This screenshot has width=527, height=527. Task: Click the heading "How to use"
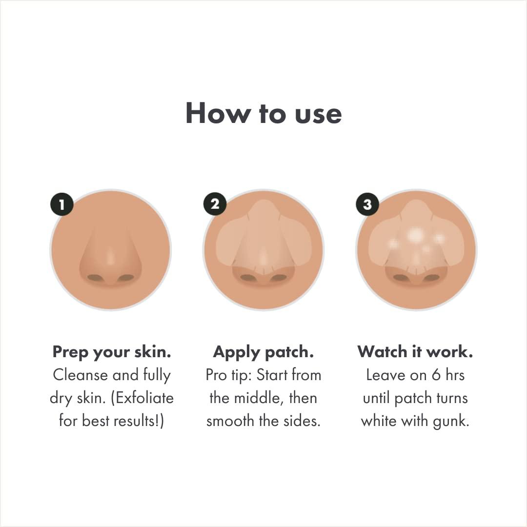(263, 113)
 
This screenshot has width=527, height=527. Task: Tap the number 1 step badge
(61, 204)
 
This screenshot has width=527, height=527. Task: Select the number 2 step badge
(215, 204)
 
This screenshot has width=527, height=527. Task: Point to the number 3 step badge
(367, 204)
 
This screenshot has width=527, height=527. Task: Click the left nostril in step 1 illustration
(95, 278)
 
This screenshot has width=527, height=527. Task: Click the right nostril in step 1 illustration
(126, 278)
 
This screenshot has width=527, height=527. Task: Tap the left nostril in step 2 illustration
(248, 278)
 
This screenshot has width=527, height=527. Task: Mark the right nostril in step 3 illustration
(431, 278)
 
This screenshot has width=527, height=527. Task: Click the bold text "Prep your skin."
(112, 352)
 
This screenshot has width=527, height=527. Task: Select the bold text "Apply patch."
(263, 352)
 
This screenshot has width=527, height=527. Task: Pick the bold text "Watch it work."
(415, 352)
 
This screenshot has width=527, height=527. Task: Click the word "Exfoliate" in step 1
(145, 398)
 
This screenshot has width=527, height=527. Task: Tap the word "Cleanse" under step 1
(81, 375)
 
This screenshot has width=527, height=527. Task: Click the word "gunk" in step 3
(451, 421)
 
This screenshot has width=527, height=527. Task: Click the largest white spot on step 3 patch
(415, 235)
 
